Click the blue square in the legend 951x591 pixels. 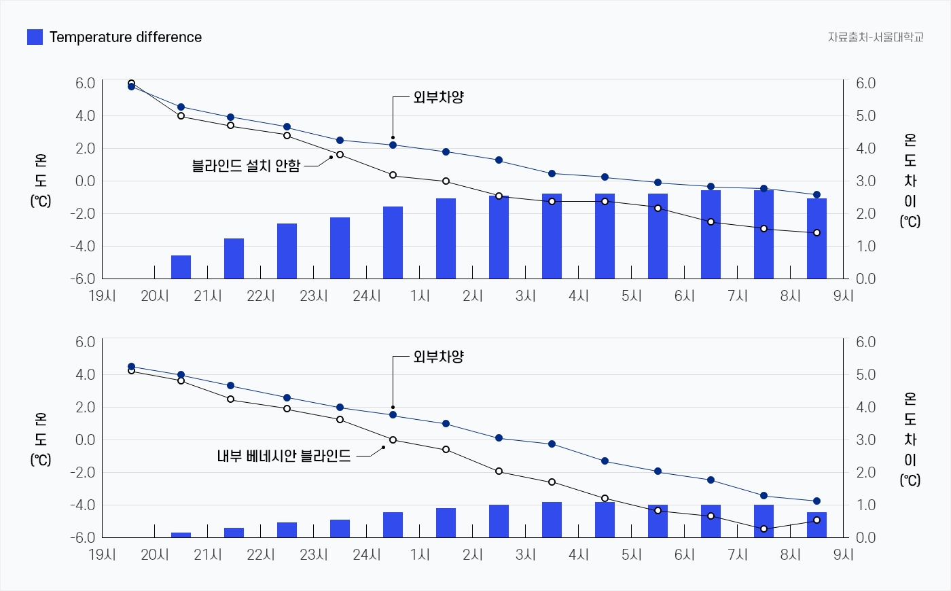tap(35, 37)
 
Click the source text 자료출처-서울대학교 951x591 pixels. tap(875, 37)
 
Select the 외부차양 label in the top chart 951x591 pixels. tap(438, 97)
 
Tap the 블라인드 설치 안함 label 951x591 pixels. tap(246, 165)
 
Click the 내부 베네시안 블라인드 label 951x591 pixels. tap(284, 456)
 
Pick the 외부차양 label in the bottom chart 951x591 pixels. tap(438, 357)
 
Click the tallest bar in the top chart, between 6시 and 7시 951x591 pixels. tap(711, 234)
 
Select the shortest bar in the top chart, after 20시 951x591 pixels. tap(181, 267)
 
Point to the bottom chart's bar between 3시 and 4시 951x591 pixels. tap(552, 520)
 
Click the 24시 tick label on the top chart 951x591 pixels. tap(367, 296)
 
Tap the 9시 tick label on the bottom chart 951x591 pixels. tap(844, 555)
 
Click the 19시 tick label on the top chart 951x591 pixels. tap(103, 296)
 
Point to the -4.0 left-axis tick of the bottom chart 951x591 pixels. tap(85, 505)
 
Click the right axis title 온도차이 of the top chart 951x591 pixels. tap(910, 180)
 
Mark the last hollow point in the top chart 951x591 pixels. tap(817, 233)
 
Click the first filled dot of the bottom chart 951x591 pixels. tap(131, 367)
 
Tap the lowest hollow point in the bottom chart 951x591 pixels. tap(764, 529)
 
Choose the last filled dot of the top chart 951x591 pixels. tap(817, 195)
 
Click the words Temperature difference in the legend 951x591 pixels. tap(126, 37)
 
